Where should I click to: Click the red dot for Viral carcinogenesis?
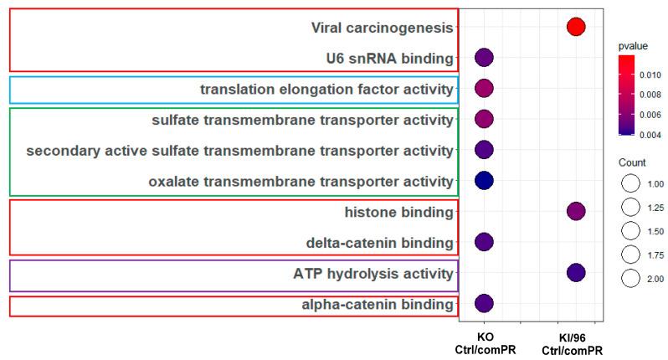point(575,27)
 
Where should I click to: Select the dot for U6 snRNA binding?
point(484,58)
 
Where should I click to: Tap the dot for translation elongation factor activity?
point(484,89)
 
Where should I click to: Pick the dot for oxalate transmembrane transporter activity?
point(484,180)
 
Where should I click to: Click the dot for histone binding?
point(575,211)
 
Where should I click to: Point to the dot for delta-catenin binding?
point(484,242)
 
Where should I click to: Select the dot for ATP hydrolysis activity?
point(575,272)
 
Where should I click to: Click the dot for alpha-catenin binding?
point(484,303)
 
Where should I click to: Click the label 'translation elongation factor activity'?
point(326,89)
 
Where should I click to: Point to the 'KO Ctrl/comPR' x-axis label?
point(484,342)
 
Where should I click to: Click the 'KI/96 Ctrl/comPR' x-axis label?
point(575,342)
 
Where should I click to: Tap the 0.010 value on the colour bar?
point(652,75)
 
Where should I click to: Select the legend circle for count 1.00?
point(630,183)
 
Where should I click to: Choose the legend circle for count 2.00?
point(630,278)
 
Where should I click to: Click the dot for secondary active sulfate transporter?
point(484,150)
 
